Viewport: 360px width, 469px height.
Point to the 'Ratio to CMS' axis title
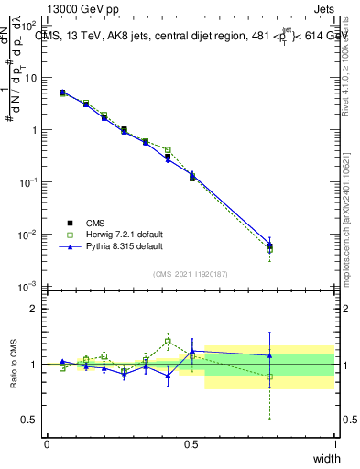pos(13,365)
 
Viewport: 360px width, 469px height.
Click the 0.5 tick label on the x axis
pos(191,443)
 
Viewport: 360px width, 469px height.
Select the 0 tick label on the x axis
pos(47,443)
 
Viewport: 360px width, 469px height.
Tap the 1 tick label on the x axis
pos(334,443)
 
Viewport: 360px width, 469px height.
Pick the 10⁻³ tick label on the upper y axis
pos(29,287)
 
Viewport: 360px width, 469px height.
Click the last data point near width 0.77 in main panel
pos(269,245)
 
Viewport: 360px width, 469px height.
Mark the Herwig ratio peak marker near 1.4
pos(168,342)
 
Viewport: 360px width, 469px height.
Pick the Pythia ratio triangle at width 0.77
pos(269,355)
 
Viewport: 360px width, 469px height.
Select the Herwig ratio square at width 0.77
pos(269,376)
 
